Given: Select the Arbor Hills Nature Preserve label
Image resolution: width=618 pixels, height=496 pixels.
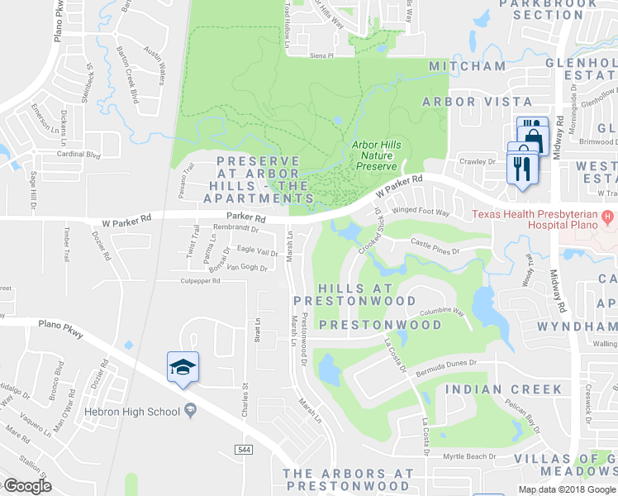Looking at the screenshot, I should pos(377,155).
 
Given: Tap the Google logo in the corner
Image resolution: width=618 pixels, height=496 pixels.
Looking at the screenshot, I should pos(28,485).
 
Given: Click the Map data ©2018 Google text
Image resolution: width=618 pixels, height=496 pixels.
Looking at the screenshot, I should pos(568,489).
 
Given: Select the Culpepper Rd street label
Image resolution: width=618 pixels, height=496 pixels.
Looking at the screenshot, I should pos(200,281).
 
